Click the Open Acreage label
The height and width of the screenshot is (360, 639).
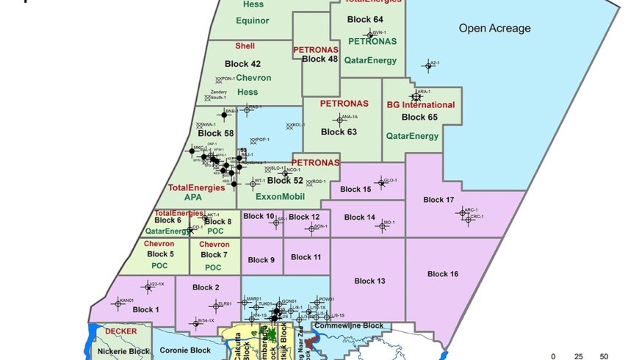pyautogui.click(x=494, y=29)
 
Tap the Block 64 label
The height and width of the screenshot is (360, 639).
pyautogui.click(x=368, y=19)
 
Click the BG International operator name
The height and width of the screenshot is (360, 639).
pyautogui.click(x=421, y=105)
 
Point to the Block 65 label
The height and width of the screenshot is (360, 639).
pyautogui.click(x=419, y=117)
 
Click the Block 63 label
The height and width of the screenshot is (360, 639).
pyautogui.click(x=339, y=132)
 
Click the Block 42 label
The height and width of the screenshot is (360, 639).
pyautogui.click(x=242, y=64)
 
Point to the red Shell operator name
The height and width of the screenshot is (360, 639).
pyautogui.click(x=245, y=46)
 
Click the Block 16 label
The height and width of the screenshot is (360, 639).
pyautogui.click(x=443, y=274)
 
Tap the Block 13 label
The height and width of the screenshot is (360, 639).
pyautogui.click(x=369, y=281)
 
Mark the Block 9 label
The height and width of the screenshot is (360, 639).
pyautogui.click(x=261, y=260)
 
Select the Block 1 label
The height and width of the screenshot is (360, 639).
pyautogui.click(x=146, y=310)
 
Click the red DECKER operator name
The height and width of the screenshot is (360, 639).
pyautogui.click(x=120, y=331)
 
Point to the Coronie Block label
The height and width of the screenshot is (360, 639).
pyautogui.click(x=185, y=350)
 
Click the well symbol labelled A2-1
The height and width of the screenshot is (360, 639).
pyautogui.click(x=427, y=66)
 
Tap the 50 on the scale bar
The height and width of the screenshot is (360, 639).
pyautogui.click(x=604, y=356)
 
